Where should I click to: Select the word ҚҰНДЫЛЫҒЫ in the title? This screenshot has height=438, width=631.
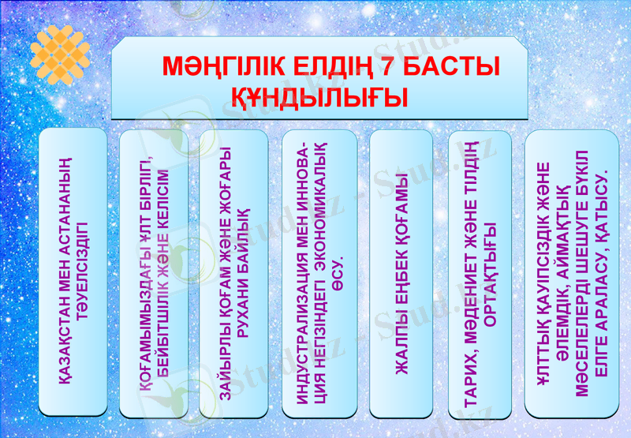pyautogui.click(x=319, y=98)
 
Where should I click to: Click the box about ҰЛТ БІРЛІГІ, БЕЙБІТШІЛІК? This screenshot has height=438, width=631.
pyautogui.click(x=153, y=272)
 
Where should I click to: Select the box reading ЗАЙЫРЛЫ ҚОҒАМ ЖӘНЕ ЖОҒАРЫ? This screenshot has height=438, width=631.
pyautogui.click(x=233, y=272)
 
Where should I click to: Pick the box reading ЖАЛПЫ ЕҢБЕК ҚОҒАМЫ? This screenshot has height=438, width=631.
pyautogui.click(x=401, y=272)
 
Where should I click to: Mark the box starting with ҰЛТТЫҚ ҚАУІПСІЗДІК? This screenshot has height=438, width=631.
pyautogui.click(x=572, y=272)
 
